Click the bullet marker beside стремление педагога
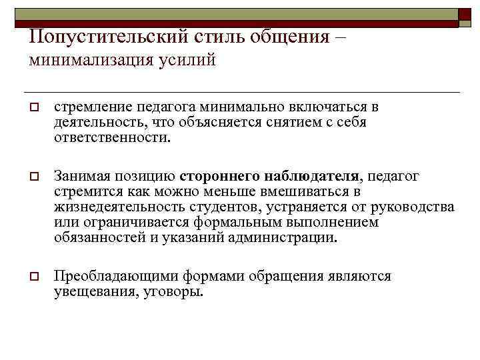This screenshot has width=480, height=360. coord(32,108)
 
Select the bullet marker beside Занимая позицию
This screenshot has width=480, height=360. coord(32,177)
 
